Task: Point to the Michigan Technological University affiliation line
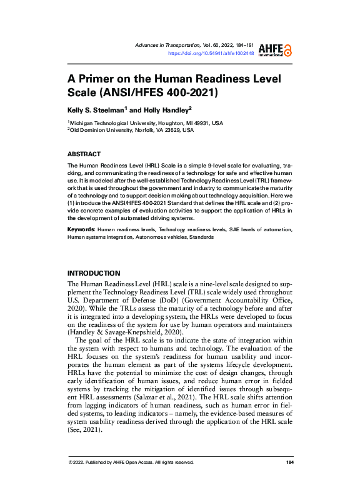[146, 123]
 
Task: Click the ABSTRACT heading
[84, 154]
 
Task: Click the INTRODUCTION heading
[93, 273]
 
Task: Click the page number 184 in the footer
[289, 462]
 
